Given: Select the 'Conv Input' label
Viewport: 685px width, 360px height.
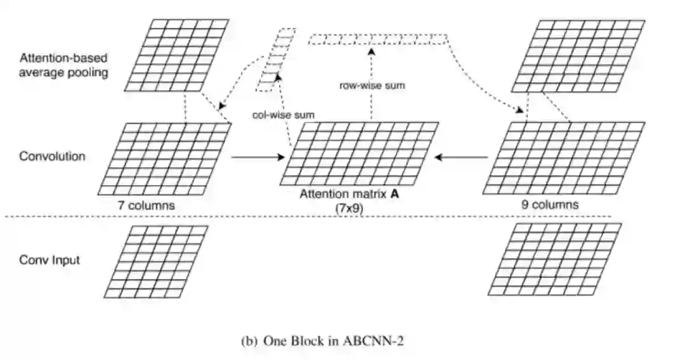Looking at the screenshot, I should point(49,260).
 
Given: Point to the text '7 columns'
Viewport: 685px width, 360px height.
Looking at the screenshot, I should point(147,205).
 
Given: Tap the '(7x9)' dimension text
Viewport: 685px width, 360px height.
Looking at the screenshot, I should point(349,207).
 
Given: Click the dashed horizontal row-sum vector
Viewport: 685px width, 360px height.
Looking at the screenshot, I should point(379,40).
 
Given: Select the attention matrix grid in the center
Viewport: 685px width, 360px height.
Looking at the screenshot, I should point(358,153).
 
